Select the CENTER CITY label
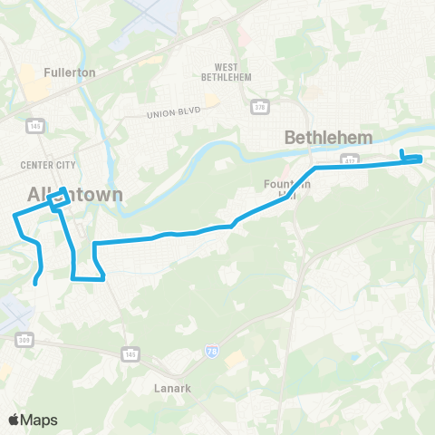(x=44, y=165)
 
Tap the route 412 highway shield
(x=349, y=159)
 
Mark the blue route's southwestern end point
(x=35, y=284)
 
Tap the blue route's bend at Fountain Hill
(x=314, y=169)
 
